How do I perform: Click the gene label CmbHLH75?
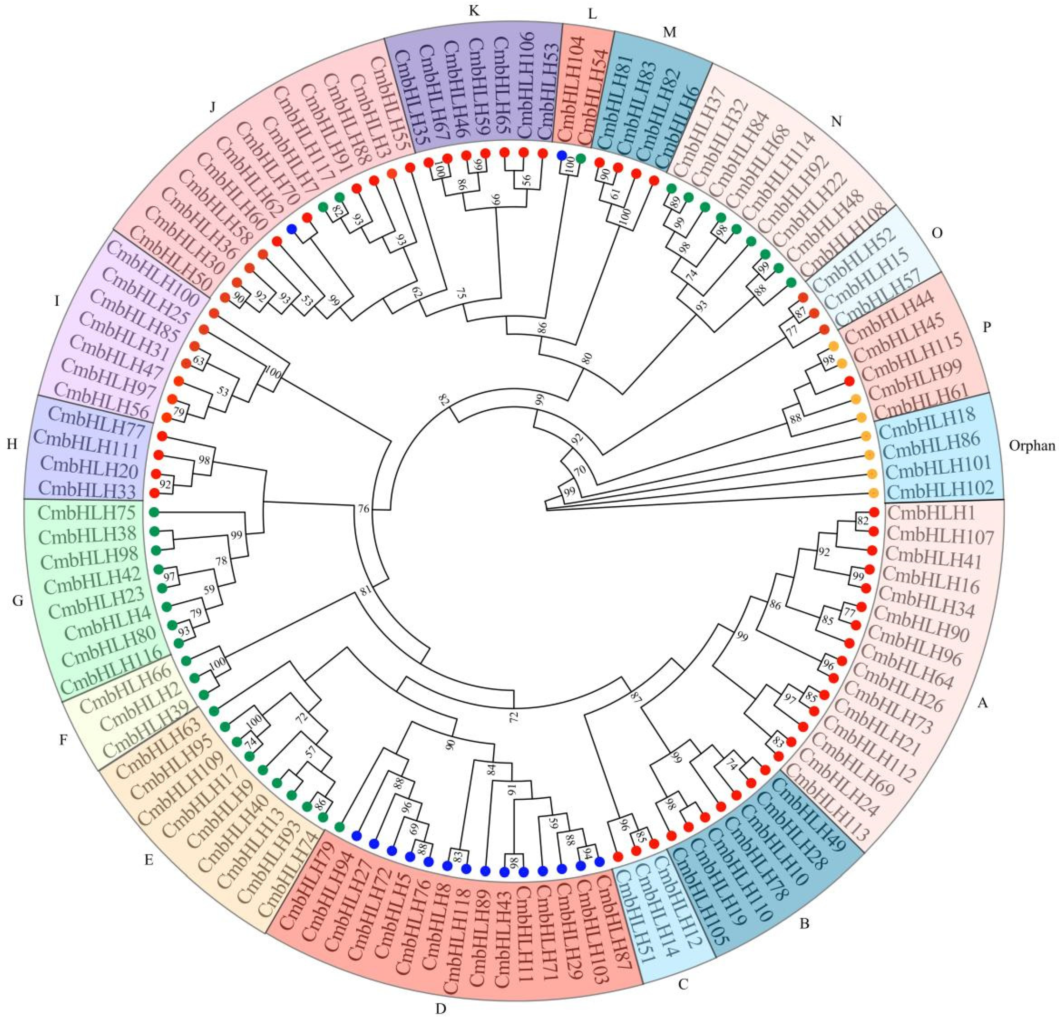pos(86,512)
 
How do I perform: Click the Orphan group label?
pos(1031,446)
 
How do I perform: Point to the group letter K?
pos(474,12)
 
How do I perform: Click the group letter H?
pos(12,444)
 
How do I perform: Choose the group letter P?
pos(987,327)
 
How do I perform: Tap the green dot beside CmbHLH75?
pos(154,511)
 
